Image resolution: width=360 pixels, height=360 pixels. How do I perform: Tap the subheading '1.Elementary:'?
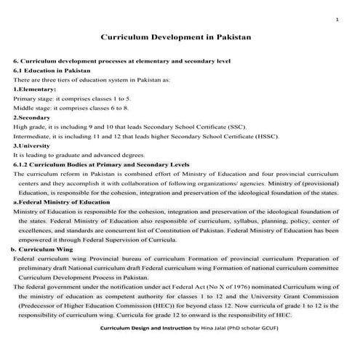click(35, 89)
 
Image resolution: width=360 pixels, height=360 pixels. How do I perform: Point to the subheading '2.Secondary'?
click(31, 116)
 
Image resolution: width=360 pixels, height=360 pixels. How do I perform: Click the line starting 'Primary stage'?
click(72, 98)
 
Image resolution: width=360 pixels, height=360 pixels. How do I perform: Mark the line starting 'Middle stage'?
click(71, 108)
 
